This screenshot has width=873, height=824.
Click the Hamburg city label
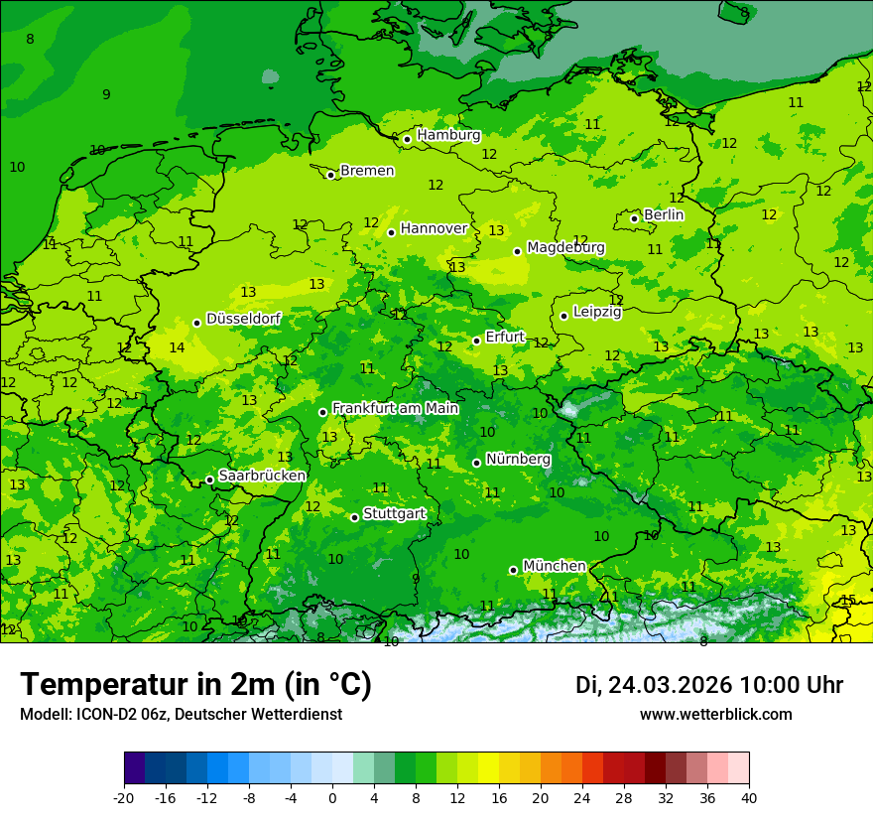coord(448,135)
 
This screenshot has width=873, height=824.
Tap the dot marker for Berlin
coord(635,218)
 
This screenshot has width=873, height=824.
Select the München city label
coord(554,566)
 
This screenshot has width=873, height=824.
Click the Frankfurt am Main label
coord(395,408)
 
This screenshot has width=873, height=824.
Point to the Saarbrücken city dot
coord(209,480)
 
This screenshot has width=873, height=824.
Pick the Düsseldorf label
coord(243,319)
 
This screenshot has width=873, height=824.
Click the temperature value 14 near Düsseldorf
coord(177,347)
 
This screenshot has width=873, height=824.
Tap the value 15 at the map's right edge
coord(848,600)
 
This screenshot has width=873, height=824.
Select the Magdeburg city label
coord(565,247)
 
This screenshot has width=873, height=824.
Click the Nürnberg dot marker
coord(476,463)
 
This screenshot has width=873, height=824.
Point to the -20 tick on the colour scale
coord(124,797)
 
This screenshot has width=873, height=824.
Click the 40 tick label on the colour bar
coord(748,797)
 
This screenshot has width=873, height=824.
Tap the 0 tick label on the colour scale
coord(332,797)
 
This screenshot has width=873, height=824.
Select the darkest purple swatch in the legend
coord(134,768)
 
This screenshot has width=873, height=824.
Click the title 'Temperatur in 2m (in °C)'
coord(195,685)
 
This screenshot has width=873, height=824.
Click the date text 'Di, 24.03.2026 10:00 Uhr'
coord(708,685)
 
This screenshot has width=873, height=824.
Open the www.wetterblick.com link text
coord(715,714)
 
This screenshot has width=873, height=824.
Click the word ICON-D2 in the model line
coord(102,714)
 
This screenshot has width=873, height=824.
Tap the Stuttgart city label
coord(394,513)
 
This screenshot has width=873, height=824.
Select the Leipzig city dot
coord(563,316)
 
